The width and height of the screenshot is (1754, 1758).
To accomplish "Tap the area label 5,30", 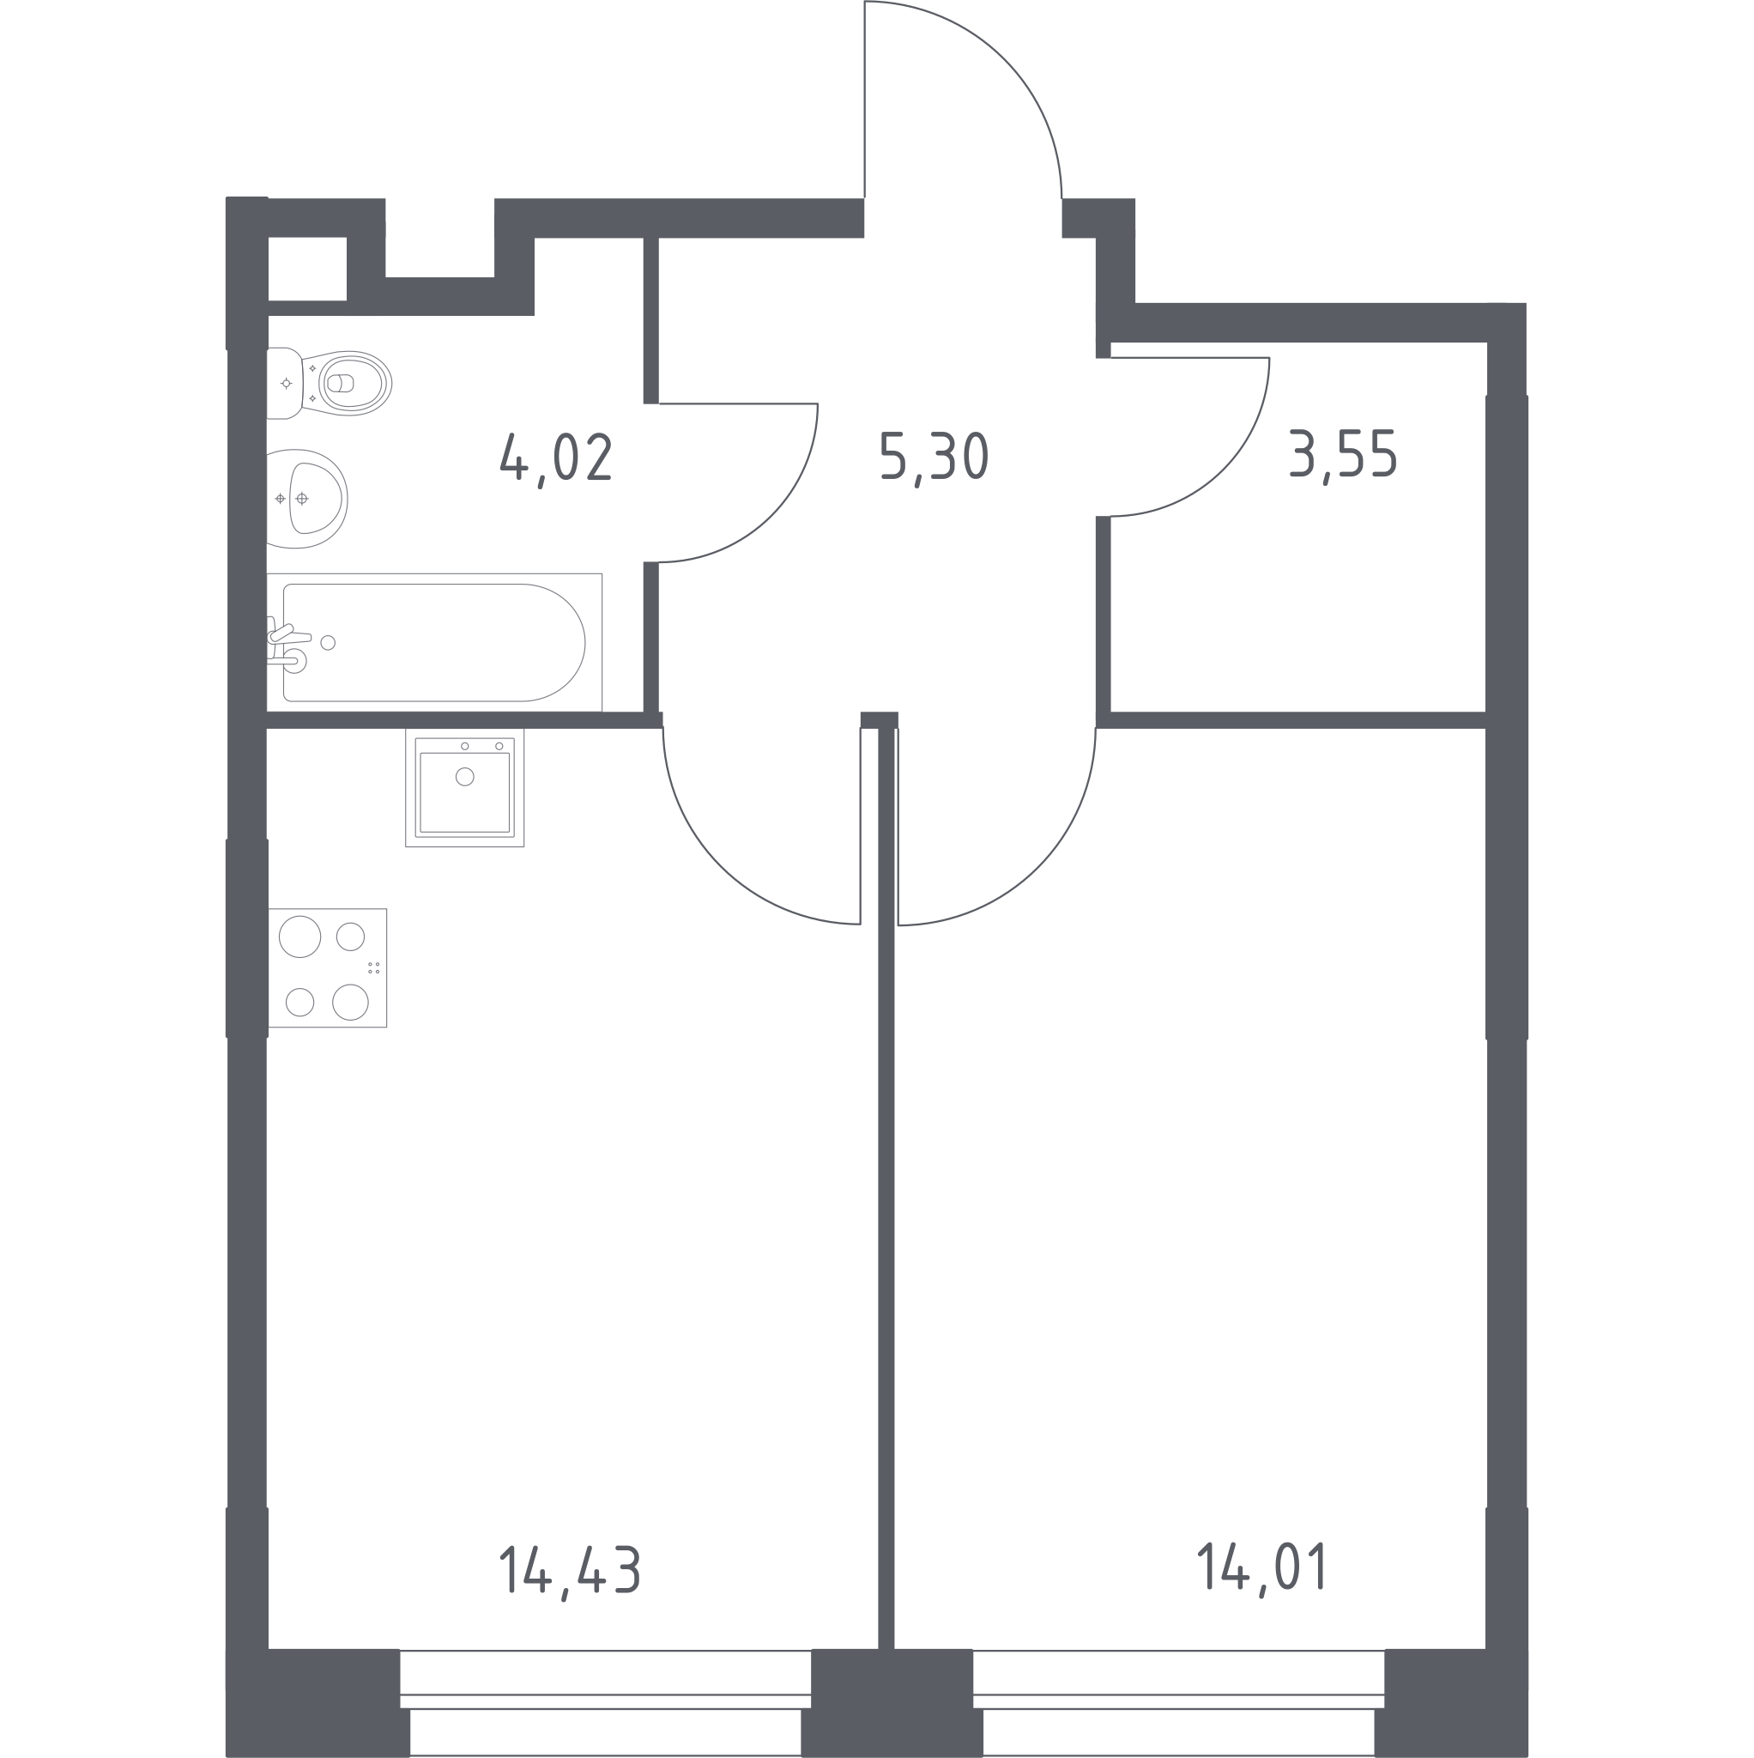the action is pyautogui.click(x=934, y=458).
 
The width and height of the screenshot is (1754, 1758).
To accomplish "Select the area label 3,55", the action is pyautogui.click(x=1343, y=456).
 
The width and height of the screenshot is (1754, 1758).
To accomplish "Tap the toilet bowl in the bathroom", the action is pyautogui.click(x=330, y=383).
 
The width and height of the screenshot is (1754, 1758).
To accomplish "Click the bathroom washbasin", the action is pyautogui.click(x=306, y=499).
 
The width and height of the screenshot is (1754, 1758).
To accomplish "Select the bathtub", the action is pyautogui.click(x=434, y=642).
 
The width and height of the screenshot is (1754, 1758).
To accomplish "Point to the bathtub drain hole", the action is pyautogui.click(x=329, y=643).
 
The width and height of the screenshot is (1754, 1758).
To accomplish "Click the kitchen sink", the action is pyautogui.click(x=465, y=787).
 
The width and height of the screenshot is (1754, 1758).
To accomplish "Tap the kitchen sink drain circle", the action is pyautogui.click(x=465, y=776).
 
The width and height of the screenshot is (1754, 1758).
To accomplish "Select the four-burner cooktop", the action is pyautogui.click(x=328, y=968).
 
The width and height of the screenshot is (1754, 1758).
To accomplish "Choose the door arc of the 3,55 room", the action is pyautogui.click(x=1223, y=470).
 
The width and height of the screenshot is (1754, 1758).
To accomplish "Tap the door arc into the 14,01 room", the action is pyautogui.click(x=1038, y=868).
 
